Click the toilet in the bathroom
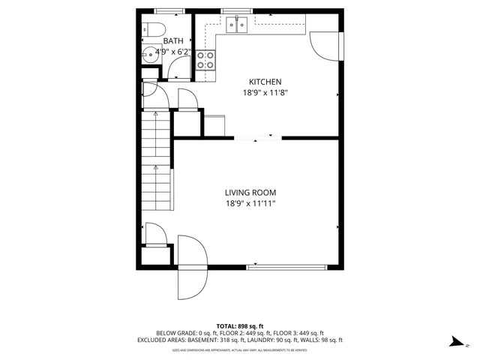click(155, 30)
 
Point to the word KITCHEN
click(265, 82)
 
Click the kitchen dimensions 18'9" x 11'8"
click(265, 93)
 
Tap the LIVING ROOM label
click(256, 191)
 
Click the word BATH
click(173, 41)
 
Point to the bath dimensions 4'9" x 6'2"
click(173, 52)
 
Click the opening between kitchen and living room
click(257, 138)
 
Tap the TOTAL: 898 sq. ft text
click(240, 325)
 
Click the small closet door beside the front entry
click(154, 234)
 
